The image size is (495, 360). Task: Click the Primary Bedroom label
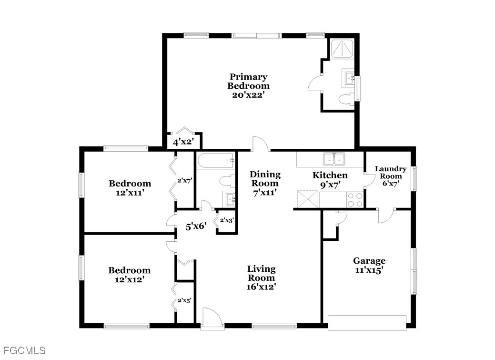pos(248,81)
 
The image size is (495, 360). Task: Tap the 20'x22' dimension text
pos(248,95)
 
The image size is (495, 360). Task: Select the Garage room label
pos(369,261)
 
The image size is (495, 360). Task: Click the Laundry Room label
pos(391,173)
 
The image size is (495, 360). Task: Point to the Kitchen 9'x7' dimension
pos(330,185)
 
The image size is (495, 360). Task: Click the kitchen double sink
pos(333,159)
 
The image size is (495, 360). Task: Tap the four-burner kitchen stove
pos(355,200)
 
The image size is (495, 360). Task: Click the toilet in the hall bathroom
pos(228,181)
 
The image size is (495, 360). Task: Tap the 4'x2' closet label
pos(183,142)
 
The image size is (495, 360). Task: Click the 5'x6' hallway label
pos(196,226)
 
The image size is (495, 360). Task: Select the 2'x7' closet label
pos(185,181)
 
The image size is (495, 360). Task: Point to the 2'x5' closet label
pos(184,300)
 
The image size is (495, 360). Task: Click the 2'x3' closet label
pos(227,220)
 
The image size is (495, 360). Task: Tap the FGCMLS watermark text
pos(25,350)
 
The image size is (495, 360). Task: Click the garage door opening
pos(367,323)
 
